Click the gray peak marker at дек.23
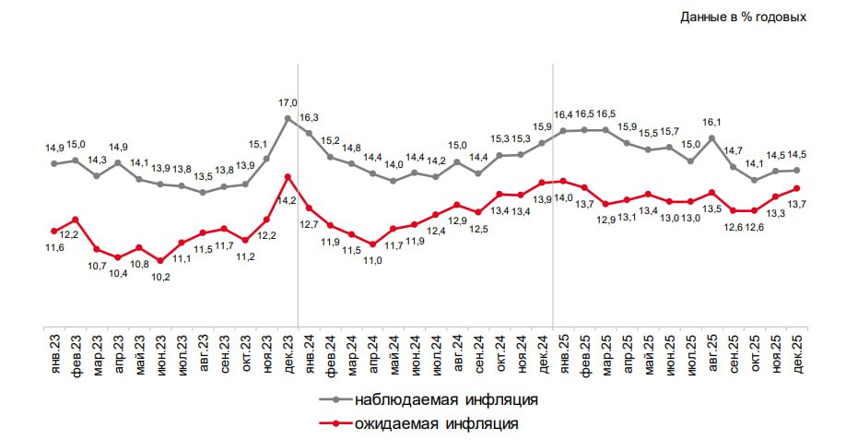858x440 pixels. [x=288, y=118]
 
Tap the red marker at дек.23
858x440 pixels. [x=288, y=176]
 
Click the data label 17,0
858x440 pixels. [x=288, y=102]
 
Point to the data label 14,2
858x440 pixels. [x=288, y=200]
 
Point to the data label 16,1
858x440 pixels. [x=711, y=122]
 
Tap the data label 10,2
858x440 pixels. [x=160, y=277]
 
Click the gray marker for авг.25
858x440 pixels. [x=711, y=138]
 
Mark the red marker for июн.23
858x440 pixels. [x=160, y=261]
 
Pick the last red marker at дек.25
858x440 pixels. [x=795, y=188]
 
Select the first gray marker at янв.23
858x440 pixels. [x=54, y=163]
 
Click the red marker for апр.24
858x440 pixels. [x=372, y=244]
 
